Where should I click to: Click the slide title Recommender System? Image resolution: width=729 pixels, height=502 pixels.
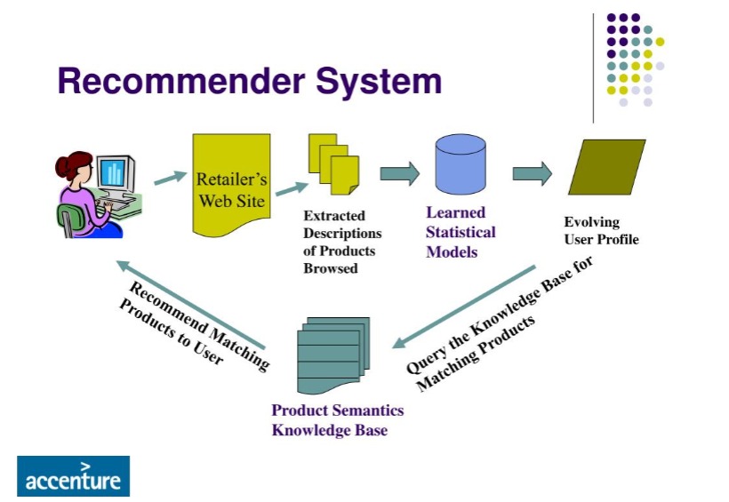tap(249, 81)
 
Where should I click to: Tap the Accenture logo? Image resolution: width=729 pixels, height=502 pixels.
tap(73, 476)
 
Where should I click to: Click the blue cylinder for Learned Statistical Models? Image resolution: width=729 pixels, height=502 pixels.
tap(461, 169)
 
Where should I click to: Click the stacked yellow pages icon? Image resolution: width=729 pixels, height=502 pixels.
tap(333, 164)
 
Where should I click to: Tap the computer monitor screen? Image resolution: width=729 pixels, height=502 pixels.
tap(112, 172)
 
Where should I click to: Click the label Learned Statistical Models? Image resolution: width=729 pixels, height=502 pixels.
tap(461, 232)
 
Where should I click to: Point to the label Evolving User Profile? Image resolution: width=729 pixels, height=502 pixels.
tap(601, 231)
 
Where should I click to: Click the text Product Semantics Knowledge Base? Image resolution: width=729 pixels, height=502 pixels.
tap(337, 420)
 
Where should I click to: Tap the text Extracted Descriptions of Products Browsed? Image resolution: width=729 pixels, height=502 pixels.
tap(342, 242)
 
